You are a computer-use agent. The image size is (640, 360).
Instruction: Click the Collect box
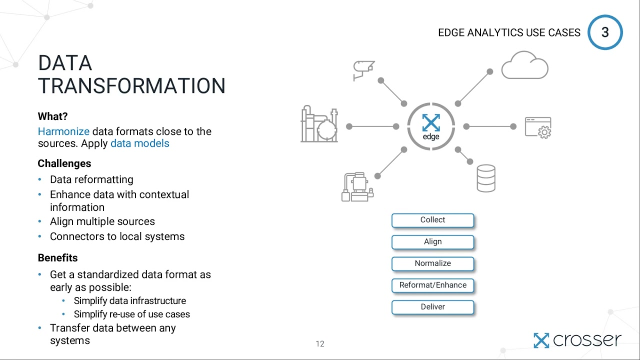point(432,220)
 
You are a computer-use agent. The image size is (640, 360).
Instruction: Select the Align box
point(432,241)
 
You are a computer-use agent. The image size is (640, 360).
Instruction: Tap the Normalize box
point(432,263)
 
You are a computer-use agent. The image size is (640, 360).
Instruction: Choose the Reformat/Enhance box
point(432,285)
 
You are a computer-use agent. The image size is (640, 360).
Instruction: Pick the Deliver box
point(432,307)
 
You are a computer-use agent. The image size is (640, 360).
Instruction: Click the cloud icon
point(524,65)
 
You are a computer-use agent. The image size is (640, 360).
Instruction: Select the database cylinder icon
point(486,178)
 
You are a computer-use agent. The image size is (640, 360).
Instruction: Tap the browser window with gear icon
point(538,127)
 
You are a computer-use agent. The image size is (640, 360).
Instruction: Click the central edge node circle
point(431,126)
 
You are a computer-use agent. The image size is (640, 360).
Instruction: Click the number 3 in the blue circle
point(605,32)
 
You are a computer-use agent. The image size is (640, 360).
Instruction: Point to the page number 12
point(320,343)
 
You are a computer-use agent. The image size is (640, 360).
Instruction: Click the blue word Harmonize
point(63,131)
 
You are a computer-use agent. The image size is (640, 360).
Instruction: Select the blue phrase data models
point(139,143)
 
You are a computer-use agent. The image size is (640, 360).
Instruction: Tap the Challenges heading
point(64,163)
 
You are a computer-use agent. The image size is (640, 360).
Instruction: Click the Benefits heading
point(57,258)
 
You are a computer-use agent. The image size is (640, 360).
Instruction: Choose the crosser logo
point(577,340)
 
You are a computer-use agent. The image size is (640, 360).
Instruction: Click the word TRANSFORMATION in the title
point(131,86)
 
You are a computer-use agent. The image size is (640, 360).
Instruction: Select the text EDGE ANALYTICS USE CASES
point(509,33)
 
